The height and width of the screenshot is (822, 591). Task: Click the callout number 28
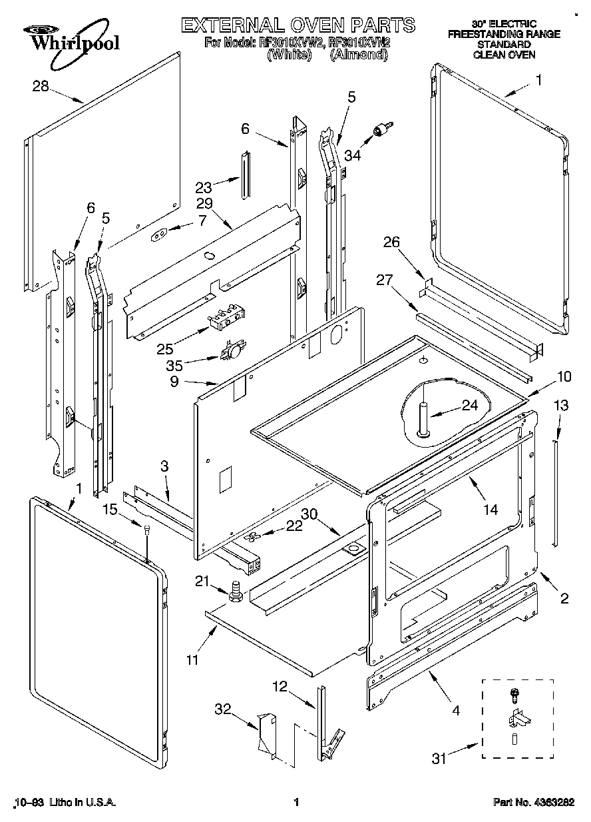pyautogui.click(x=41, y=85)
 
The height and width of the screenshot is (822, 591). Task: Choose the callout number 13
pyautogui.click(x=561, y=405)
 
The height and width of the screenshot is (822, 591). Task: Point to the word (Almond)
pyautogui.click(x=359, y=55)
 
